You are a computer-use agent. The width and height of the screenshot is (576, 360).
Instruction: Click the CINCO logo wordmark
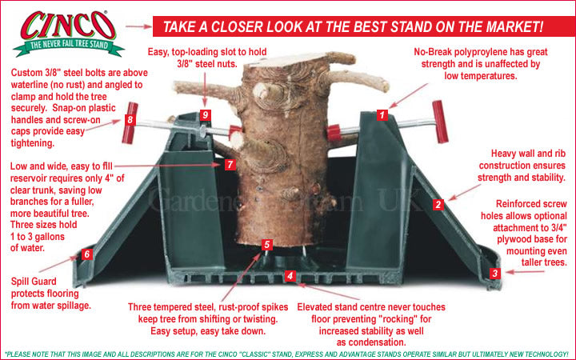[x=68, y=25]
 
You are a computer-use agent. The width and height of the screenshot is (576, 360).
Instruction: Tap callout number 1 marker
[x=382, y=115]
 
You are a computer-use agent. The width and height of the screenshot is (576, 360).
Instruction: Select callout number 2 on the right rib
[x=438, y=205]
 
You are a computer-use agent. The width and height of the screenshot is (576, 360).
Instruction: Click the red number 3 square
[x=495, y=274]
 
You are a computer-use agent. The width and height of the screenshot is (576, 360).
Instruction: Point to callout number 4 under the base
[x=290, y=275]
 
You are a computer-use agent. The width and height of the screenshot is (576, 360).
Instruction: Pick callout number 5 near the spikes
[x=267, y=245]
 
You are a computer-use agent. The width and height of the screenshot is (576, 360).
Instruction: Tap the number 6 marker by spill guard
[x=87, y=254]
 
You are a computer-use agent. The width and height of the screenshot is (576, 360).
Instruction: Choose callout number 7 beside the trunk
[x=230, y=164]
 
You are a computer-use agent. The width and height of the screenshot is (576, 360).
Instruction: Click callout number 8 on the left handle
[x=130, y=119]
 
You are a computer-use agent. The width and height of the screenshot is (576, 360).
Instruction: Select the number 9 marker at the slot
[x=206, y=115]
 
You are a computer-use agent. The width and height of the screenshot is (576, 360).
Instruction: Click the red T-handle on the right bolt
[x=440, y=122]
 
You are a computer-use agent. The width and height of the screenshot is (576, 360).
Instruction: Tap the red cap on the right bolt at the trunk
[x=334, y=133]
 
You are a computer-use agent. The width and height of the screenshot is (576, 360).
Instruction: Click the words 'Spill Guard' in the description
[x=34, y=282]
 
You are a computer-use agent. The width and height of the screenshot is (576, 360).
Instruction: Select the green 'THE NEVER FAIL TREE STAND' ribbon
[x=69, y=46]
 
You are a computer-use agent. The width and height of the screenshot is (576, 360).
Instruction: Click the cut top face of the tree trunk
[x=290, y=60]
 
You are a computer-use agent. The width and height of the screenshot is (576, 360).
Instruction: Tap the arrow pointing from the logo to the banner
[x=138, y=26]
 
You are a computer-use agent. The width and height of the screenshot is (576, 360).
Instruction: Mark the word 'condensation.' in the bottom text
[x=371, y=342]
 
